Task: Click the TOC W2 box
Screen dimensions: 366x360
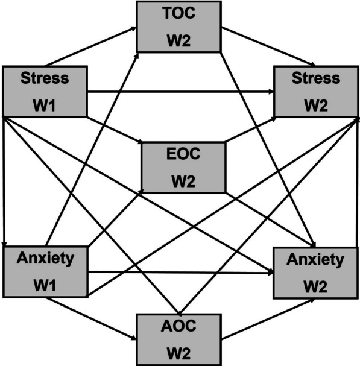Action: click(x=179, y=27)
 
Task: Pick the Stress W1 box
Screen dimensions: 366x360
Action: click(x=45, y=92)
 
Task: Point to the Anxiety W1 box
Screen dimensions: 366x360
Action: click(x=45, y=271)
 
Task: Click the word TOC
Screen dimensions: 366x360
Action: click(x=179, y=14)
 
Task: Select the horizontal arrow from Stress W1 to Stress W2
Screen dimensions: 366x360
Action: click(x=181, y=92)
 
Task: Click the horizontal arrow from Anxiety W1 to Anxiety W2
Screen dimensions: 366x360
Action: click(x=181, y=273)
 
